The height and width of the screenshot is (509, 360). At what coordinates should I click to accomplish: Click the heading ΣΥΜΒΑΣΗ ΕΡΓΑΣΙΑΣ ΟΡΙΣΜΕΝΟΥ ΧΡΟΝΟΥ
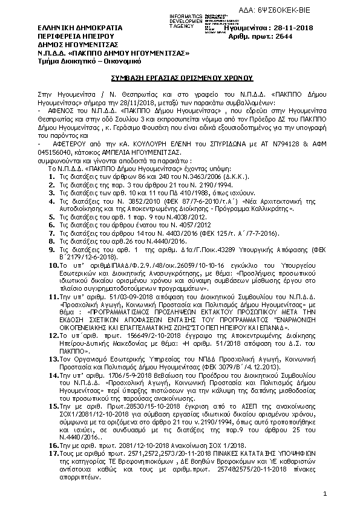(x=180, y=79)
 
